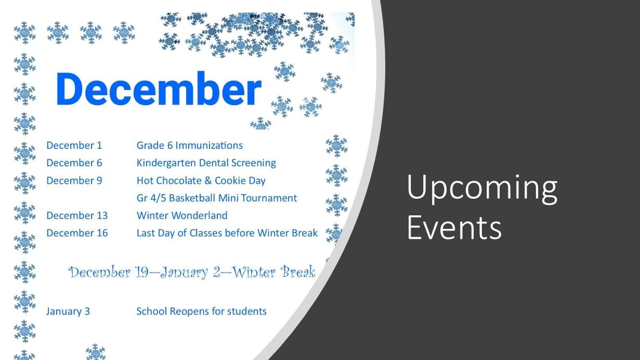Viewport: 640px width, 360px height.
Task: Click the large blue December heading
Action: pos(158,89)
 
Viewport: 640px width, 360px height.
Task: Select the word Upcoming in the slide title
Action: pos(481,188)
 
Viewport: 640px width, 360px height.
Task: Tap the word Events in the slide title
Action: pos(454,227)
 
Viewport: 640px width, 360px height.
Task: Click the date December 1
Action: pos(74,145)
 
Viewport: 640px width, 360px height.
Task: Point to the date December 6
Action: pos(74,163)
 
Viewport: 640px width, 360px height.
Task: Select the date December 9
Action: pos(74,181)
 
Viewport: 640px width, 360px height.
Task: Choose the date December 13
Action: pos(77,215)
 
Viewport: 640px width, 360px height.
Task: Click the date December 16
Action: pos(77,233)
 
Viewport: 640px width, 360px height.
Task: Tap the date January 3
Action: pos(68,311)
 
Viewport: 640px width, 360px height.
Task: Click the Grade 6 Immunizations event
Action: pos(189,145)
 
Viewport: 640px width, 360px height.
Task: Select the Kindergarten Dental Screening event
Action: pos(206,163)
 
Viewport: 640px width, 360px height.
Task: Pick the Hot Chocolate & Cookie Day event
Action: pos(201,181)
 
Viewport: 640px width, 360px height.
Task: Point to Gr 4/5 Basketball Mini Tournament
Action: pos(216,198)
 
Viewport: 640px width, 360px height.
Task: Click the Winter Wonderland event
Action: pos(181,215)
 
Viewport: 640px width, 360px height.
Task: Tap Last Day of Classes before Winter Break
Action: pos(227,233)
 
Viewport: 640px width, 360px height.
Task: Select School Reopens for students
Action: pos(201,311)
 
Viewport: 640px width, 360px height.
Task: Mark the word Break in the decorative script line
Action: pos(298,272)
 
